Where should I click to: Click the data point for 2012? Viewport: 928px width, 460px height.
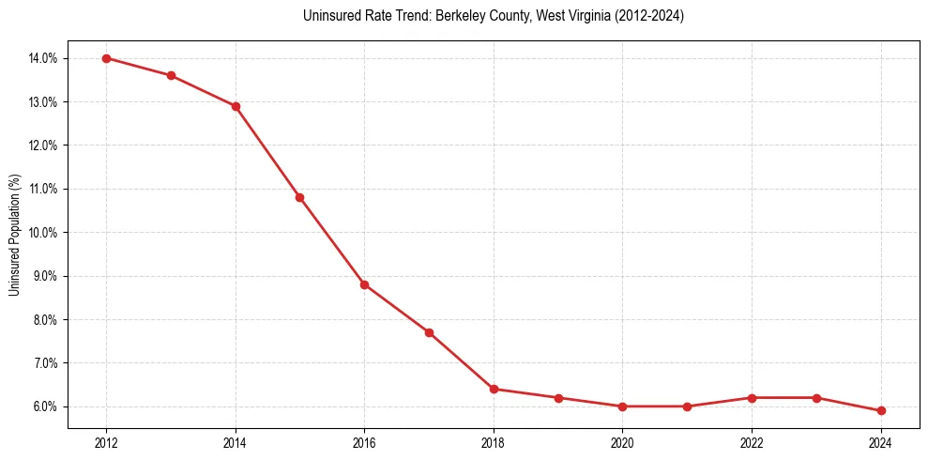coord(106,58)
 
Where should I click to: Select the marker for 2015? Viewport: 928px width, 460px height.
coord(299,197)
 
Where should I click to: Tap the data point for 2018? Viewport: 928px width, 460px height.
coord(494,389)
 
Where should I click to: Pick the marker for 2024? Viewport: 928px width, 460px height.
coord(881,411)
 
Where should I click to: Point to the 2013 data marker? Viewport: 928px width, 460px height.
coord(171,75)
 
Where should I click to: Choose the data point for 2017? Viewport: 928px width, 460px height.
coord(429,332)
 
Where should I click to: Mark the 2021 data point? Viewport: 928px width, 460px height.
coord(687,406)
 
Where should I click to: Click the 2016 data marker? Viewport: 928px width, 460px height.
coord(364,284)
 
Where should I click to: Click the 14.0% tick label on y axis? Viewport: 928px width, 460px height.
coord(43,58)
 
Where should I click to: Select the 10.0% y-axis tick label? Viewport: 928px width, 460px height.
coord(43,233)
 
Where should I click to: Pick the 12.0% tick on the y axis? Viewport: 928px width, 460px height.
coord(43,146)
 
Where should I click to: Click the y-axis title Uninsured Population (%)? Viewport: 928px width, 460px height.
coord(15,234)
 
